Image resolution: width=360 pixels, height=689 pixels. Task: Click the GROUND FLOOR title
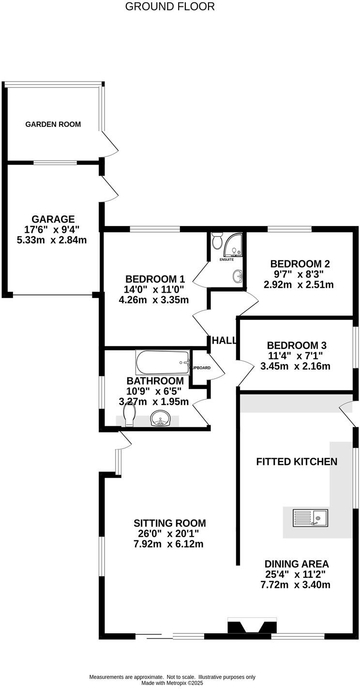[170, 6]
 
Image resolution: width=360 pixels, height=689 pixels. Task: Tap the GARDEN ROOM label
[53, 124]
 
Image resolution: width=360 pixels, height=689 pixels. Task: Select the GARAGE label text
[53, 219]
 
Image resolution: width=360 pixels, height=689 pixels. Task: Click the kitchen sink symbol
[310, 518]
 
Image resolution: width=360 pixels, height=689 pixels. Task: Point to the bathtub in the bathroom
[163, 360]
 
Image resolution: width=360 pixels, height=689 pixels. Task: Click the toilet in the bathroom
[129, 415]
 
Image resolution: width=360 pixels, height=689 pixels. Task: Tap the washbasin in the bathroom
[161, 419]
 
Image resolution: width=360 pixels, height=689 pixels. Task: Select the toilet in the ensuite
[217, 240]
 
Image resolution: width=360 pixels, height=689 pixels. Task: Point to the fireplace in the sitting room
[252, 627]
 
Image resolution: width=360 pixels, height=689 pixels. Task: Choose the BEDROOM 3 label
[297, 345]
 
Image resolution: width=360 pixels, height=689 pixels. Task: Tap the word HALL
[225, 341]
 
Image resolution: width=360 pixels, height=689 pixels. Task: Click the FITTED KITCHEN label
[297, 462]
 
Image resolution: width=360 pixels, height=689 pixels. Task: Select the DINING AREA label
[297, 564]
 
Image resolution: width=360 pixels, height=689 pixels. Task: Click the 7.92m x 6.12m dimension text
[168, 544]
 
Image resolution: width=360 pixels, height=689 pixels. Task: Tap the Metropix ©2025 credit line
[172, 683]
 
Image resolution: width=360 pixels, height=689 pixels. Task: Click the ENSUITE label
[227, 260]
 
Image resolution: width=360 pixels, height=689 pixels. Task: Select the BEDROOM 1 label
[155, 279]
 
